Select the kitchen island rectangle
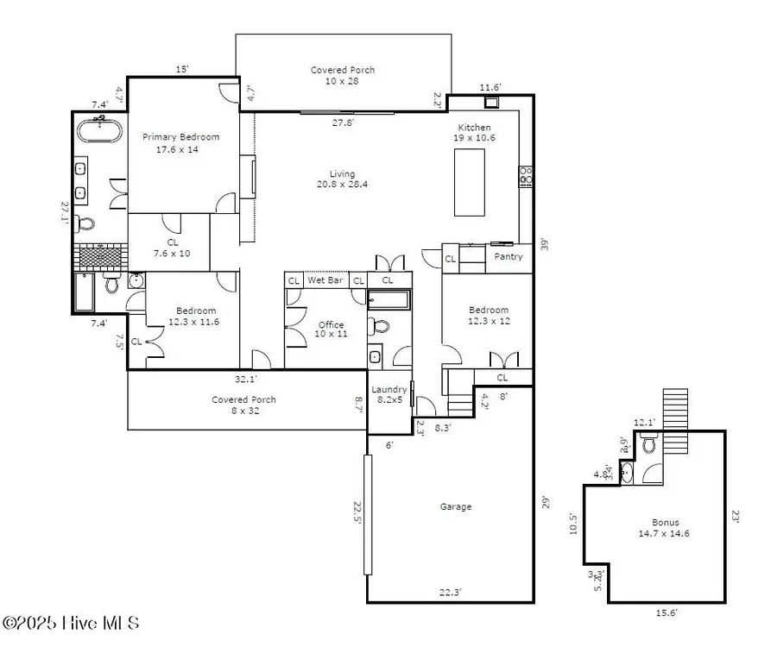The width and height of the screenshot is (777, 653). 470,182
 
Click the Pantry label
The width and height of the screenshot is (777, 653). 509,256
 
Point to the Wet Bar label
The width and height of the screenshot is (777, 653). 326,280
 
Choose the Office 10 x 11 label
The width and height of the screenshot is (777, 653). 331,330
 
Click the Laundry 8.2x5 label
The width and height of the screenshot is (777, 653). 388,395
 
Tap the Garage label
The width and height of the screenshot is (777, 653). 455,507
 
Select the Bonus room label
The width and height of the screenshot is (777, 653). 665,527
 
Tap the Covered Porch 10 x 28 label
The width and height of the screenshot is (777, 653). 343,76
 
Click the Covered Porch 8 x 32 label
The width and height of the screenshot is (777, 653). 244,405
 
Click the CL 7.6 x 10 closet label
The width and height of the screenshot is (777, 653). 172,248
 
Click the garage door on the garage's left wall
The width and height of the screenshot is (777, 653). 368,515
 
